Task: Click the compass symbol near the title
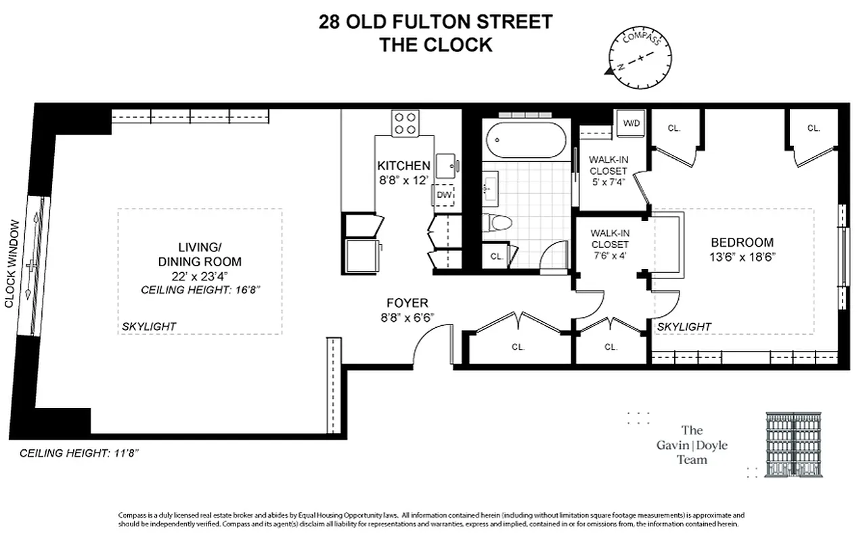[640, 58]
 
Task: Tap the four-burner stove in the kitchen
[405, 123]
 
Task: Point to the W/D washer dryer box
[631, 123]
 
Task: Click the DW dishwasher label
[443, 195]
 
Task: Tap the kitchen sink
[445, 165]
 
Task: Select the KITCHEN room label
[403, 166]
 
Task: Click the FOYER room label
[407, 303]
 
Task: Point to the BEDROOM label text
[742, 243]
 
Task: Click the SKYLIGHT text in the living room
[149, 327]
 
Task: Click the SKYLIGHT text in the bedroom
[684, 327]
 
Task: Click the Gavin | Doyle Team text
[692, 445]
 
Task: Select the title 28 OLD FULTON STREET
[435, 22]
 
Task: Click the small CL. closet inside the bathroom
[496, 256]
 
